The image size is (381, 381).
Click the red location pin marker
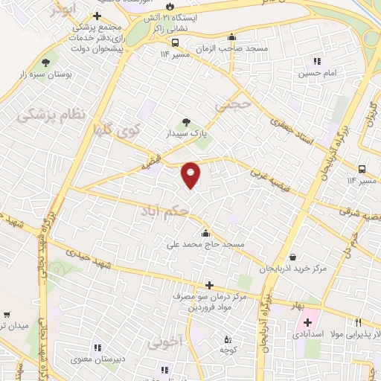click(191, 175)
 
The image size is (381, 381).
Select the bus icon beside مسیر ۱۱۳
click(176, 42)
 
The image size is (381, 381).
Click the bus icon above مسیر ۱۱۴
click(362, 169)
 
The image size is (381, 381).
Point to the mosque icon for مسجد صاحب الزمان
click(232, 36)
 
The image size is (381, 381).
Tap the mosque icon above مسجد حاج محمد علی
click(215, 233)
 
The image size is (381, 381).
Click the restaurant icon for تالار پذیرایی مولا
click(358, 322)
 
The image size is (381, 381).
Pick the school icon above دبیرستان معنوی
click(96, 347)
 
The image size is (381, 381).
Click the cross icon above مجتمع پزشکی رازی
click(97, 16)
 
